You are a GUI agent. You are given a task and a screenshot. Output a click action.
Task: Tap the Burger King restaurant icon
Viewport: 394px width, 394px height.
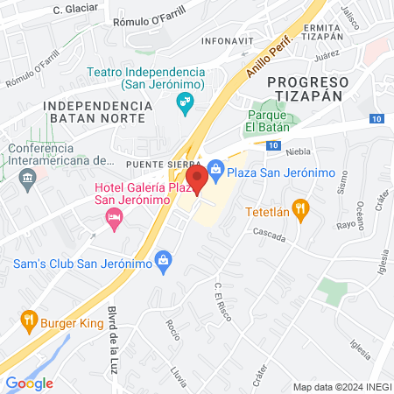coord(29,320)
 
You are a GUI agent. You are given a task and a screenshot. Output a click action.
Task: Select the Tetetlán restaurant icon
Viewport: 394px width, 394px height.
coord(300,208)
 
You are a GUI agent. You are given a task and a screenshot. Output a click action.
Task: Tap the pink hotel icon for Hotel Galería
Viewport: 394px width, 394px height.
coord(113,217)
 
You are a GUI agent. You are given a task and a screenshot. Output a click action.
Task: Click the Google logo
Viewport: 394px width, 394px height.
coord(29,383)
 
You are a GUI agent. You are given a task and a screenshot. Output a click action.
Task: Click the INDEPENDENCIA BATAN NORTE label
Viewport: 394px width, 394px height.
coord(97,111)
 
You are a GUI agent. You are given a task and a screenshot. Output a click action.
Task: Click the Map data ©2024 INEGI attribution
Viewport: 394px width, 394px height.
coord(341,386)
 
